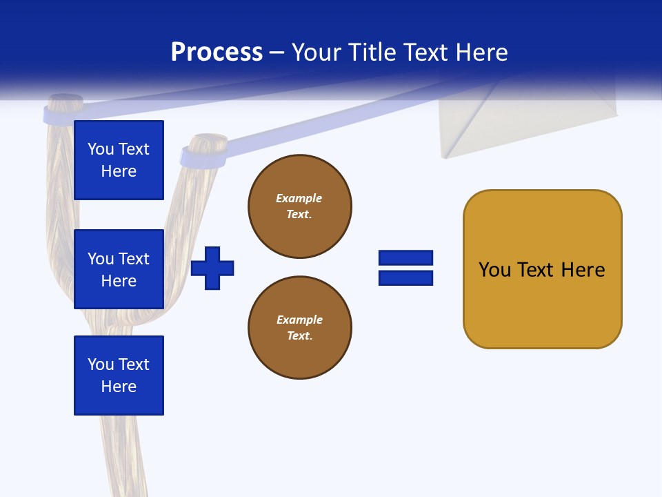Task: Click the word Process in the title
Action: point(217,52)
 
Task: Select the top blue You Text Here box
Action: point(119,160)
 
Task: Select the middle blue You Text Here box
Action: point(119,269)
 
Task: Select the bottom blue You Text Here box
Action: point(119,376)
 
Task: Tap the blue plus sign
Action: point(212,268)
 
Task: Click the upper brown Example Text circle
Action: point(299,206)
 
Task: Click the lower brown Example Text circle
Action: point(299,328)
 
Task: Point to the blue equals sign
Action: point(405,268)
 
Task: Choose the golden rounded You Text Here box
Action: point(542,269)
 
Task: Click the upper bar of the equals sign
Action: point(405,257)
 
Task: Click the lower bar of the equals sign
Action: point(405,277)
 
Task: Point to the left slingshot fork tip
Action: point(63,107)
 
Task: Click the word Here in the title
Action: point(481,52)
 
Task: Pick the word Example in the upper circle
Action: point(299,198)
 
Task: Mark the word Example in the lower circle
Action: point(299,320)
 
